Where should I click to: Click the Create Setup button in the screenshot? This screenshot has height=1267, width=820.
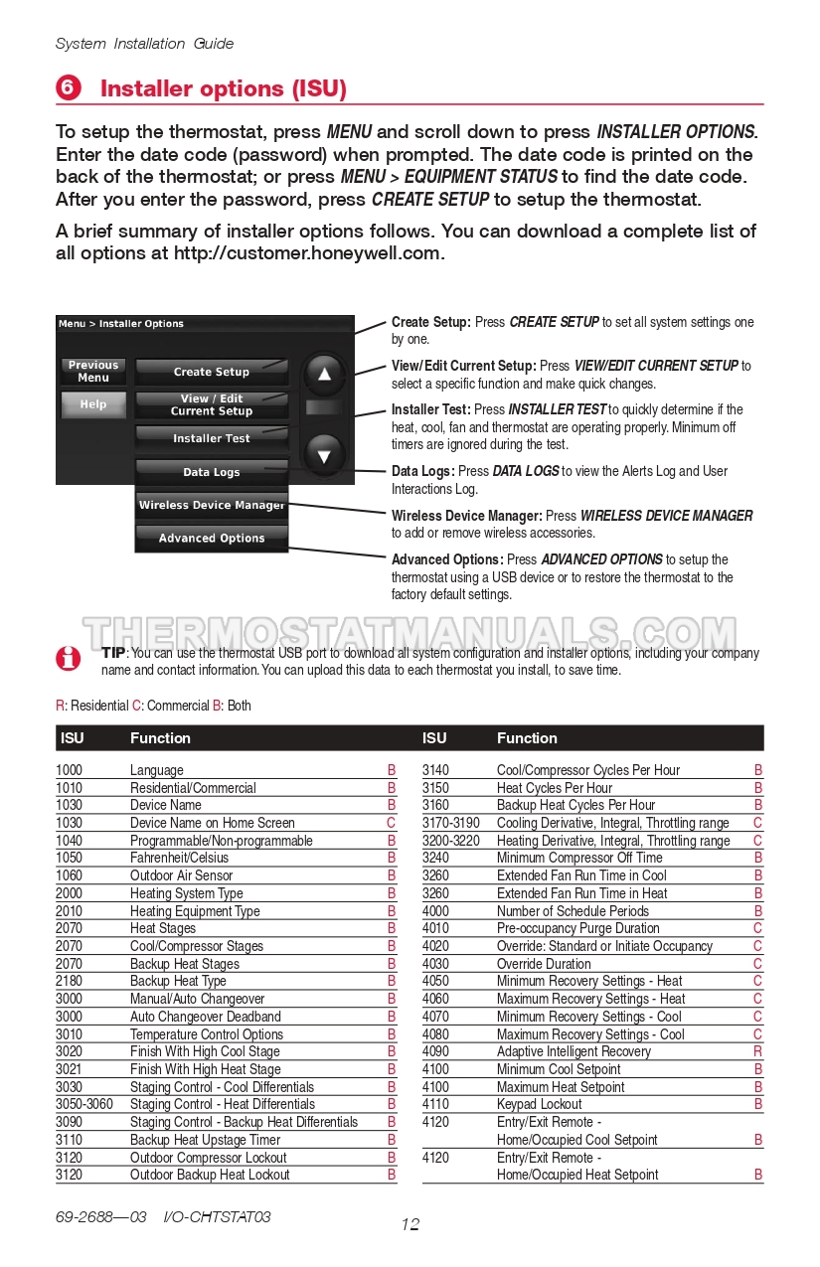212,372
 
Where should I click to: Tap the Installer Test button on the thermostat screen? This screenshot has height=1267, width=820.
212,438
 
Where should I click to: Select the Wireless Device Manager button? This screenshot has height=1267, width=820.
212,506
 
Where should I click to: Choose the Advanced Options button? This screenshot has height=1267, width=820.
212,539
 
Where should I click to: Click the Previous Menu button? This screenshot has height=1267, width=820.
93,372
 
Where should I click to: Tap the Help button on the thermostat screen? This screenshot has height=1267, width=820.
93,404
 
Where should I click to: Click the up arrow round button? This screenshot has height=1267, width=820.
324,375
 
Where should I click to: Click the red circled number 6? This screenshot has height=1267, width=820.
68,88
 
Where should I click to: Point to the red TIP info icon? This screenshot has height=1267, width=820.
68,658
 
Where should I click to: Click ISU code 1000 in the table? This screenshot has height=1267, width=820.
70,770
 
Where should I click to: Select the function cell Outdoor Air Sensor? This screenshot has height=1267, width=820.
181,875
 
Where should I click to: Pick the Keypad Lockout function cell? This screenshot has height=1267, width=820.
541,1104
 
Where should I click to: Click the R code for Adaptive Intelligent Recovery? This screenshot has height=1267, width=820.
758,1051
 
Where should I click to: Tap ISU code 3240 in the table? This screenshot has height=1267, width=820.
435,858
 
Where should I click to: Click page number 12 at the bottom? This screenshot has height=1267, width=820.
410,1224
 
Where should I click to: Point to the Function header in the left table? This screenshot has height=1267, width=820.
160,738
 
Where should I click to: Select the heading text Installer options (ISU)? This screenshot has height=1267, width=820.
224,88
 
